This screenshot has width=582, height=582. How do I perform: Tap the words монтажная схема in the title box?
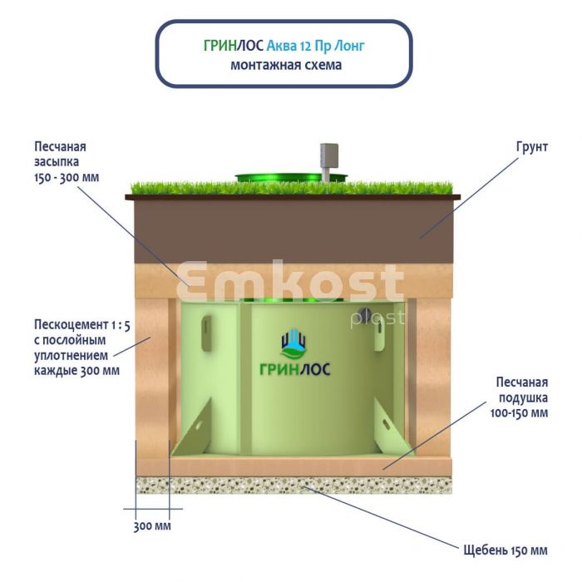(x=286, y=65)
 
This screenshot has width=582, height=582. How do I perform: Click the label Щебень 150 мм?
(x=506, y=550)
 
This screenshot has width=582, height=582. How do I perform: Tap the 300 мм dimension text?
(x=151, y=526)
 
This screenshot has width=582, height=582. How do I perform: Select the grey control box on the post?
(x=326, y=153)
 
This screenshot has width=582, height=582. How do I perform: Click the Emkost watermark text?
(x=291, y=283)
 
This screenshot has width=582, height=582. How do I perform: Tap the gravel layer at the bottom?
(x=291, y=484)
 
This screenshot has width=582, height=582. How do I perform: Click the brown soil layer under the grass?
(x=291, y=219)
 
